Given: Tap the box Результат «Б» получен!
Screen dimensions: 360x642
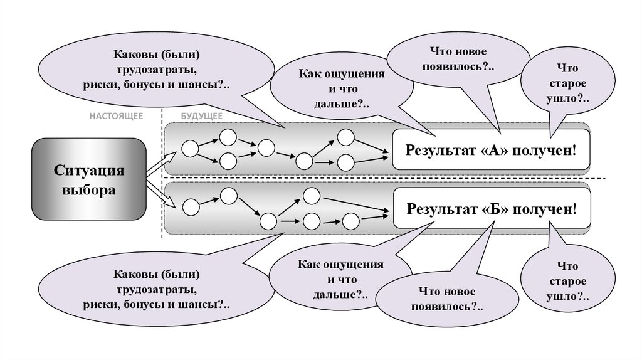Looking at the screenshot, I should (491, 208).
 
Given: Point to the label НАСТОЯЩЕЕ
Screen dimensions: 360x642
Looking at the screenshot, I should (116, 117).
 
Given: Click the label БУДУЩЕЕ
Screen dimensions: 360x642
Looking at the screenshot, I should (201, 117).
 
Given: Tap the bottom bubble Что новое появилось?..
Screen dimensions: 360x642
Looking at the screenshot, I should (447, 300).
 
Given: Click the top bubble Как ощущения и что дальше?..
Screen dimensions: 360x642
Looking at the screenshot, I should (341, 88).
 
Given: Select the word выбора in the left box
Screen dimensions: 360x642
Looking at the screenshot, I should (88, 189).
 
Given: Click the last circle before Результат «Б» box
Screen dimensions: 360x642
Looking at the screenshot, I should (350, 221).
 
